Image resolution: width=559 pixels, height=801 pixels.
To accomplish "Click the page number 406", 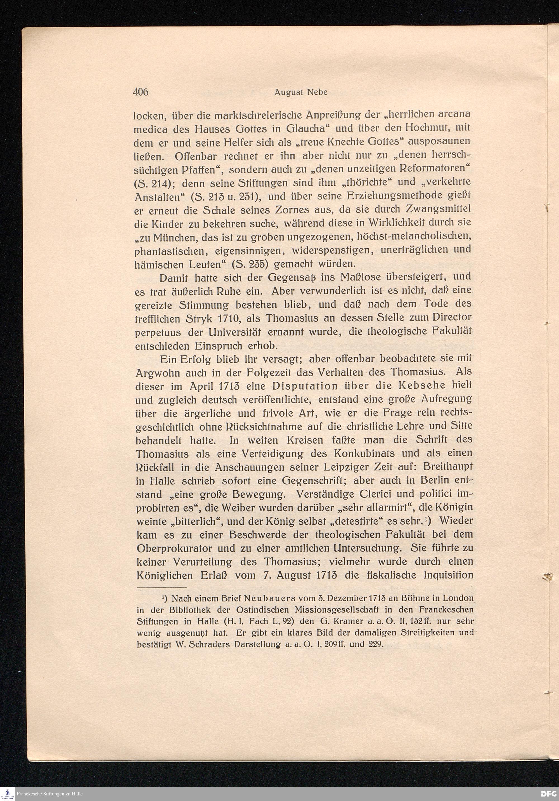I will (x=141, y=92).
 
